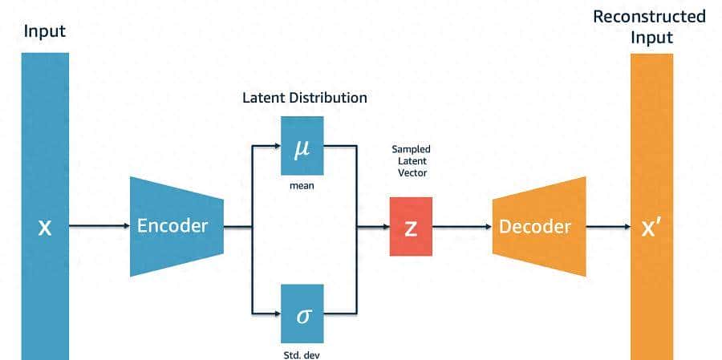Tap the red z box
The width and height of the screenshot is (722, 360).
point(411,227)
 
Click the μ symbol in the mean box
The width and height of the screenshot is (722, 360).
point(302,148)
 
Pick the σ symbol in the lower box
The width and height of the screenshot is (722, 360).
point(302,314)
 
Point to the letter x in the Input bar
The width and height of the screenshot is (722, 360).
point(46,228)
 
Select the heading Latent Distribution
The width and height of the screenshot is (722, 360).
point(305,98)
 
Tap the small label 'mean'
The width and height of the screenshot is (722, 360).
point(302,186)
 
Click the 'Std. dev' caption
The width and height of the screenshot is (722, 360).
point(302,352)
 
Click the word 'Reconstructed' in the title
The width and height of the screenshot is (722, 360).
point(649,17)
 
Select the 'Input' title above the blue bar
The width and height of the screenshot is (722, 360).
point(45,32)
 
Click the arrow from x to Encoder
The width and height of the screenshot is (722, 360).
point(99,227)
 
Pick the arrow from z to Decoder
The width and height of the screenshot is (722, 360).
point(461,227)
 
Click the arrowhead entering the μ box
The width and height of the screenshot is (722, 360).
point(275,146)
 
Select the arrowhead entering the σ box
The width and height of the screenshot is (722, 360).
point(275,312)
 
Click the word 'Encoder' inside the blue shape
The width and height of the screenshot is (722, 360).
point(172,225)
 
